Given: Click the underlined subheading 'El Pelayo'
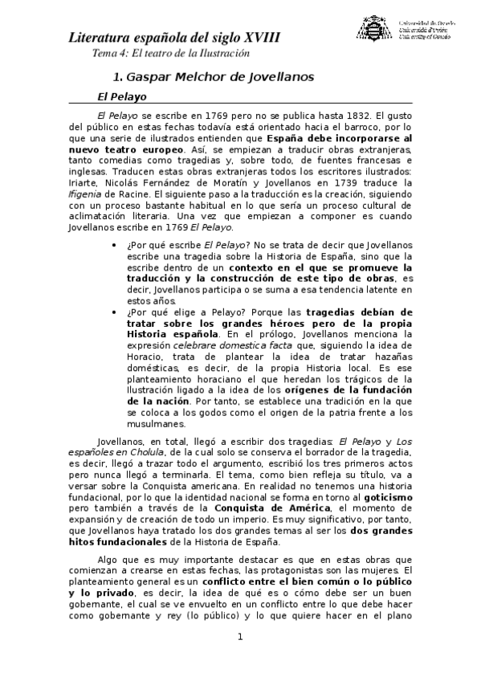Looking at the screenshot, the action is pos(122,96).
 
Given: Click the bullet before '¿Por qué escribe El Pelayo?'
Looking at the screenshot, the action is pos(117,245).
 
